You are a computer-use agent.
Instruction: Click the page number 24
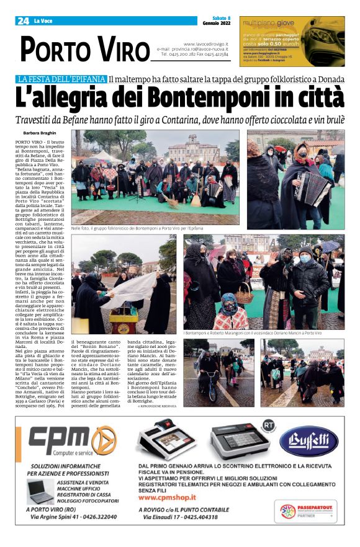[x=23, y=21]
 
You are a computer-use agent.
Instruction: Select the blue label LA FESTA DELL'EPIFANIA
[x=70, y=79]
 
